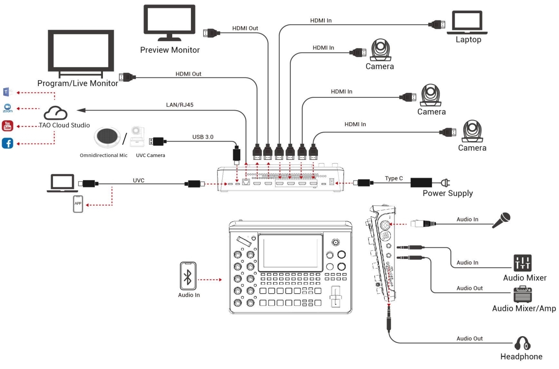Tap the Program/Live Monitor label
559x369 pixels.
pyautogui.click(x=78, y=83)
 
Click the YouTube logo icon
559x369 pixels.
pyautogui.click(x=8, y=126)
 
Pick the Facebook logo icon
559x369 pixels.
pyautogui.click(x=8, y=143)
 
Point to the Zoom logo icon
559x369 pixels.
pyautogui.click(x=8, y=108)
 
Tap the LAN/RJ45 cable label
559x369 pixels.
pyautogui.click(x=180, y=105)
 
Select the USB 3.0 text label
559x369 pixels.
pyautogui.click(x=203, y=137)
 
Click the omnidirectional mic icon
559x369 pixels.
pyautogui.click(x=107, y=137)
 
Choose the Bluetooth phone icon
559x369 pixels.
pyautogui.click(x=188, y=276)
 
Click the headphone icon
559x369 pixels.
pyautogui.click(x=522, y=343)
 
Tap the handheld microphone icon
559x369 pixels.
pyautogui.click(x=501, y=220)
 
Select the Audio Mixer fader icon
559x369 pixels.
pyautogui.click(x=523, y=263)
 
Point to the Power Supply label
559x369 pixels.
pyautogui.click(x=448, y=194)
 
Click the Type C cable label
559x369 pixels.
pyautogui.click(x=394, y=178)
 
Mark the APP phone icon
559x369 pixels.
pyautogui.click(x=78, y=204)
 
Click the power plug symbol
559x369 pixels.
pyautogui.click(x=445, y=183)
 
